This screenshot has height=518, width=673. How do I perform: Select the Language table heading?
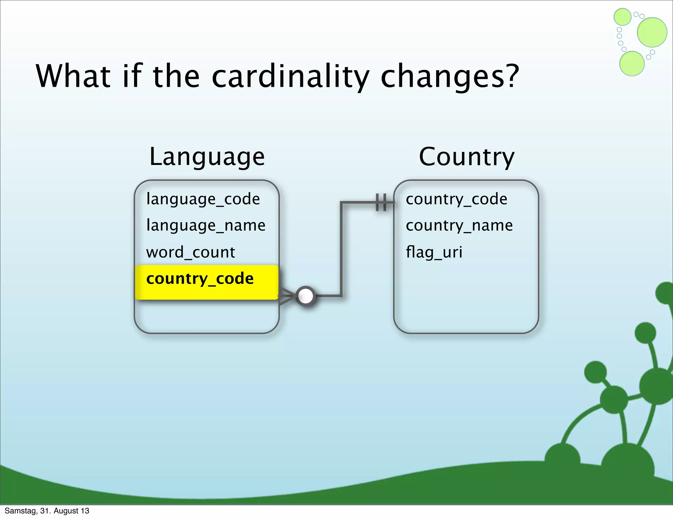(x=207, y=157)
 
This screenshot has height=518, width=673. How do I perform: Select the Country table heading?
(x=466, y=157)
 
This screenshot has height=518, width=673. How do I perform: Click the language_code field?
(x=203, y=199)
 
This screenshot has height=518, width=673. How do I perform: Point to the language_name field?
(x=206, y=225)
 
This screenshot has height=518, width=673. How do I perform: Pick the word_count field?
(x=191, y=252)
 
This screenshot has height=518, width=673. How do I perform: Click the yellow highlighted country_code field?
(x=200, y=279)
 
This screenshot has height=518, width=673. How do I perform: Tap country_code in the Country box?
(x=456, y=199)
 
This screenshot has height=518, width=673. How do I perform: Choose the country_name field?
(x=459, y=225)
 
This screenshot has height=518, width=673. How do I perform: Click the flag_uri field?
(x=434, y=252)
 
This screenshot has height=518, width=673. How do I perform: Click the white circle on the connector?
(x=306, y=296)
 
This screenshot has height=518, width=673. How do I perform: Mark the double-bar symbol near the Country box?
(x=381, y=202)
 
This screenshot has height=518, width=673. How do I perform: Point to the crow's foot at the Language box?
(x=286, y=296)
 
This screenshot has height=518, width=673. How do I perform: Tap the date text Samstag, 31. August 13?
(x=47, y=511)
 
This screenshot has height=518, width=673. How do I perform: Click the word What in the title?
(x=73, y=76)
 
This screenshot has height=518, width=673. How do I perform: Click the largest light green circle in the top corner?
(x=652, y=32)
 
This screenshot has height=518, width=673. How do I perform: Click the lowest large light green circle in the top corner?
(x=632, y=63)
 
